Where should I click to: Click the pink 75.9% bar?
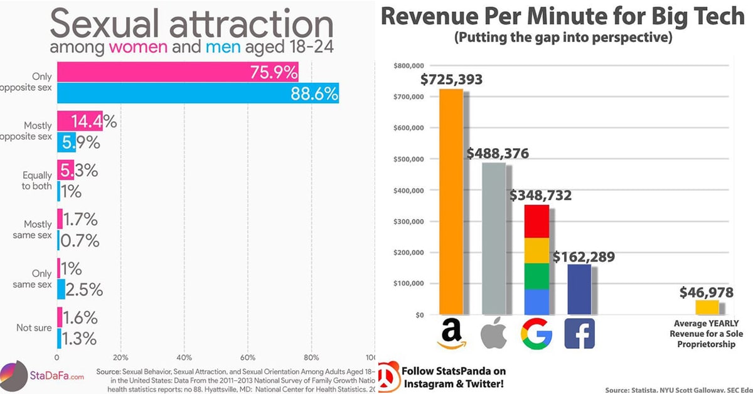(178, 72)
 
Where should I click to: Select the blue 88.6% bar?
(198, 93)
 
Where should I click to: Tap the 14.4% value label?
(90, 121)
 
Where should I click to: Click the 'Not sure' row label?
(35, 327)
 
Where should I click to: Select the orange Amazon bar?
(451, 201)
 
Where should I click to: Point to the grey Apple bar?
(494, 238)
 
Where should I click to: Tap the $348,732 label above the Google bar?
(540, 196)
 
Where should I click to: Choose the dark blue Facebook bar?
(579, 289)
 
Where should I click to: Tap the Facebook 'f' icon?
(579, 333)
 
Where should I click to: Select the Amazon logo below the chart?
(451, 333)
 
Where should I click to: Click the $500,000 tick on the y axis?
(409, 159)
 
